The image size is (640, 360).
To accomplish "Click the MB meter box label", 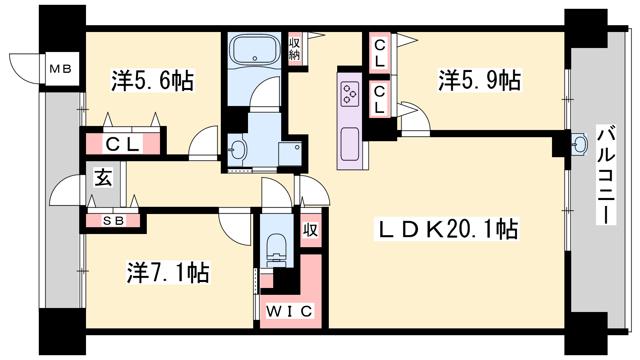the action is (60, 69).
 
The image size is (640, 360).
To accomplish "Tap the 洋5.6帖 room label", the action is (152, 80).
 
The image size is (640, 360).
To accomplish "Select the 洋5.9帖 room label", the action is (480, 80).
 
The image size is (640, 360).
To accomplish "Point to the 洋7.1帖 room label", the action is (168, 272).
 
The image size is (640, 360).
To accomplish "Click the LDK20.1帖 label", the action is (446, 229).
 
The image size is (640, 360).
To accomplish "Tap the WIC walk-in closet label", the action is (289, 311).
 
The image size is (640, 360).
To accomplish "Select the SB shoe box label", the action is (114, 220).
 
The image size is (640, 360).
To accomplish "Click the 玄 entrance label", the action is (103, 177).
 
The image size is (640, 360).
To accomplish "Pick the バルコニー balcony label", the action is (606, 175).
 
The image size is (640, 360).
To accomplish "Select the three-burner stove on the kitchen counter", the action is (350, 94).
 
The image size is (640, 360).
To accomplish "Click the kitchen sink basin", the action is (350, 144).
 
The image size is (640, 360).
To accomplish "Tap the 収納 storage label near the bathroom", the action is (294, 49).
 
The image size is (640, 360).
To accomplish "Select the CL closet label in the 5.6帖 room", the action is (122, 144).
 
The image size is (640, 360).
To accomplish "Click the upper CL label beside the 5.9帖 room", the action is (380, 53).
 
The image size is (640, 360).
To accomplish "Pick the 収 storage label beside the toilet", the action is (310, 230).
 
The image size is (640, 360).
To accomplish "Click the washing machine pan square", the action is (290, 154).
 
